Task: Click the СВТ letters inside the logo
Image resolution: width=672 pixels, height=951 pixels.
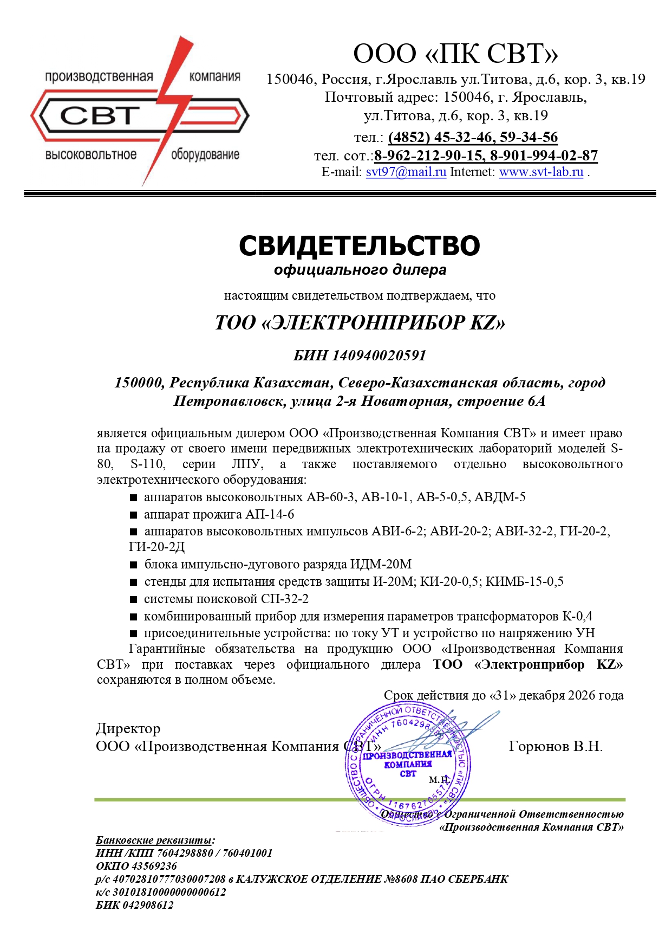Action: pyautogui.click(x=100, y=115)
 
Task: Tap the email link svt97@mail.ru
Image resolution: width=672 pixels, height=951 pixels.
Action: pyautogui.click(x=406, y=172)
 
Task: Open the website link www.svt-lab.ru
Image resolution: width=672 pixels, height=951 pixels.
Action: pyautogui.click(x=541, y=172)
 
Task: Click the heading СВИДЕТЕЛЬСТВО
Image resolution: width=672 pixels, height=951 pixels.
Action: pyautogui.click(x=359, y=245)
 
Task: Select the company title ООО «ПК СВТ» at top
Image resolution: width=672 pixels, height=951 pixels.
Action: pyautogui.click(x=455, y=54)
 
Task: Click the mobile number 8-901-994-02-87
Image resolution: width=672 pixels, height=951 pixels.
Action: pyautogui.click(x=544, y=156)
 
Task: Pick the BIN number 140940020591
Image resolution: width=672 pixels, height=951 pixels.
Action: pyautogui.click(x=379, y=355)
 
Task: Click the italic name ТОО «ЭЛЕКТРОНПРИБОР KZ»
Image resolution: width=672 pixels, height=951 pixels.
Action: pyautogui.click(x=360, y=323)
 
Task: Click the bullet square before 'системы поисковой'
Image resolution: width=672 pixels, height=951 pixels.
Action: pyautogui.click(x=133, y=599)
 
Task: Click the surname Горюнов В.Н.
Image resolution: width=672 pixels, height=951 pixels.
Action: pyautogui.click(x=556, y=746)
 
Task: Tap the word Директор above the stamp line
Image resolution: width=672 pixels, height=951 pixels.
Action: pyautogui.click(x=128, y=728)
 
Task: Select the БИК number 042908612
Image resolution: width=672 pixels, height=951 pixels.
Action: pyautogui.click(x=148, y=905)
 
